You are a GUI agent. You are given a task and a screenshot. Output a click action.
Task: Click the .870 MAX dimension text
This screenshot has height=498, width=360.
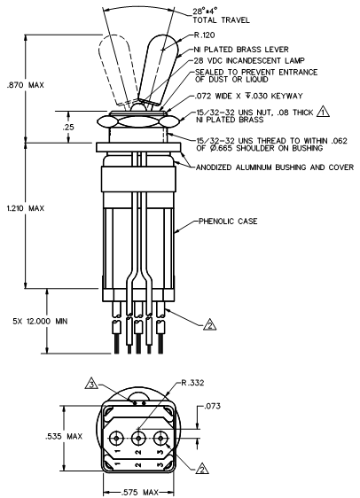click(x=26, y=85)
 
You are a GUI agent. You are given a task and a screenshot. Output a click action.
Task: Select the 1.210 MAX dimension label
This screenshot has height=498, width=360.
click(x=26, y=208)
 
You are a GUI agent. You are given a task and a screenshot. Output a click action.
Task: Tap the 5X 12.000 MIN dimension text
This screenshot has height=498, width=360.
click(x=41, y=322)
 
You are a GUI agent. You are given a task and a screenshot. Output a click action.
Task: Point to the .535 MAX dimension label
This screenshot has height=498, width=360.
click(x=64, y=436)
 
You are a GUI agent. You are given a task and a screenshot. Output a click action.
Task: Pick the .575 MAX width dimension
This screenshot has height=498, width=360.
click(x=140, y=493)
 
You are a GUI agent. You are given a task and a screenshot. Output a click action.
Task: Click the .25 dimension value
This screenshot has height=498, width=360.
click(x=68, y=128)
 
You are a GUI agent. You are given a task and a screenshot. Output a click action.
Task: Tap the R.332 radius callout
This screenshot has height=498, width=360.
click(x=192, y=383)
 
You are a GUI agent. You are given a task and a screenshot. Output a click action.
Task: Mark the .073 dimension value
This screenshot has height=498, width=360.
click(x=213, y=406)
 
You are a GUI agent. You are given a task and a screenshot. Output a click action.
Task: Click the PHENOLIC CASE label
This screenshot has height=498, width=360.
click(x=228, y=221)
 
